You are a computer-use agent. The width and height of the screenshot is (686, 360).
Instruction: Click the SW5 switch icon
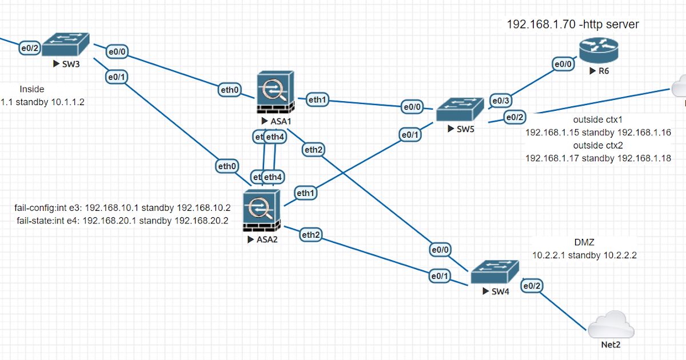pyautogui.click(x=461, y=109)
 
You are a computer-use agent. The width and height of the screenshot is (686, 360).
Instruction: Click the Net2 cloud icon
pyautogui.click(x=611, y=326)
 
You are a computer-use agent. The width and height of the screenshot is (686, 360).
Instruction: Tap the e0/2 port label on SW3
pyautogui.click(x=29, y=48)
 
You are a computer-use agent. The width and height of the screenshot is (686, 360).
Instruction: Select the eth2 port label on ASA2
pyautogui.click(x=310, y=234)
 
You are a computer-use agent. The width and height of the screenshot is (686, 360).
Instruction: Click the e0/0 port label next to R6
pyautogui.click(x=563, y=64)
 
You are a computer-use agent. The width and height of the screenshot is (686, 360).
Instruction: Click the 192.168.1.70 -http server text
pyautogui.click(x=573, y=25)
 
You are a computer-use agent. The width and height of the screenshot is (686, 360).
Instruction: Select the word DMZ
pyautogui.click(x=585, y=242)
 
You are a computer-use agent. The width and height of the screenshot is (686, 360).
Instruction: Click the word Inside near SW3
pyautogui.click(x=32, y=89)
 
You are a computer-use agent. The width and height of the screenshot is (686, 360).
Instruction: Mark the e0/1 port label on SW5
pyautogui.click(x=410, y=135)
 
